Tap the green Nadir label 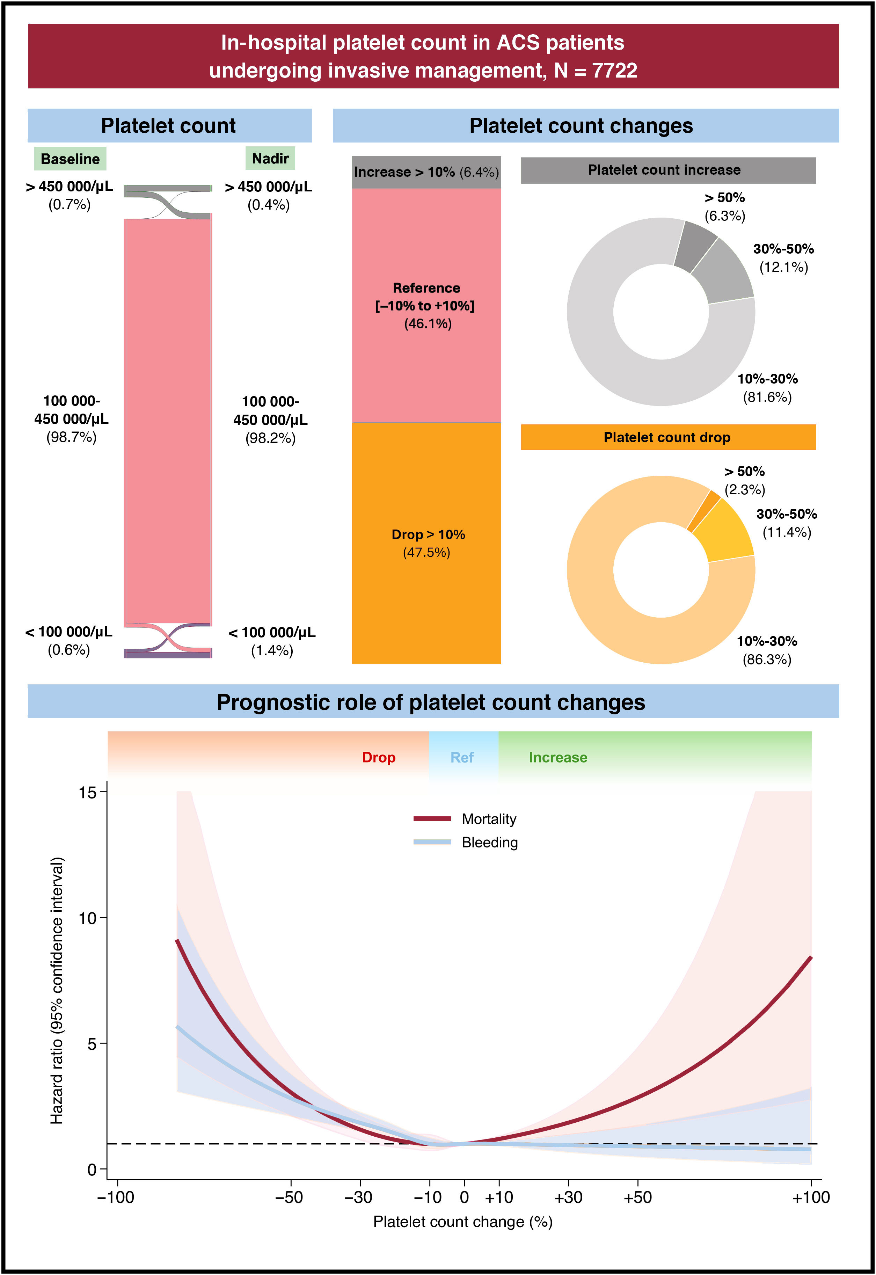coord(270,159)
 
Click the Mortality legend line coord(432,819)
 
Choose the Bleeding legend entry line coord(432,842)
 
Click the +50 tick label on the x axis coord(638,1197)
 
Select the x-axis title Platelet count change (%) coord(463,1222)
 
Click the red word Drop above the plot coord(379,757)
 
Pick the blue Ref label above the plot coord(462,757)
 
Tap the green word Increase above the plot coord(558,757)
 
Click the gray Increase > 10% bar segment coord(426,172)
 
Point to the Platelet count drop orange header coord(667,437)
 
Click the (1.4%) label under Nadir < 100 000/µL coord(272,650)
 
